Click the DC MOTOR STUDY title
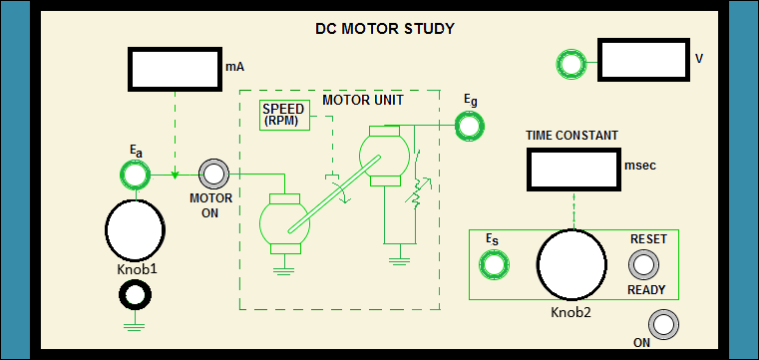(x=385, y=29)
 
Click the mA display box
(x=175, y=69)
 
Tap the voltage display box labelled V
(x=643, y=60)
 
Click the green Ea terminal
(x=135, y=175)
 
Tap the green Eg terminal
(x=469, y=126)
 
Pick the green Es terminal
(x=494, y=264)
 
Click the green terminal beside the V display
(x=570, y=64)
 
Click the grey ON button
(x=663, y=324)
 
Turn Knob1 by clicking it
(x=135, y=229)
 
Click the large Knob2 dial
(x=572, y=264)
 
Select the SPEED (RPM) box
(x=284, y=115)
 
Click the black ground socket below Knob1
(x=135, y=294)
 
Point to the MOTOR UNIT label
(x=363, y=100)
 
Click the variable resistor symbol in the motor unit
(x=414, y=193)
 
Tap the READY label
(x=646, y=290)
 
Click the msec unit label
(x=640, y=166)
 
